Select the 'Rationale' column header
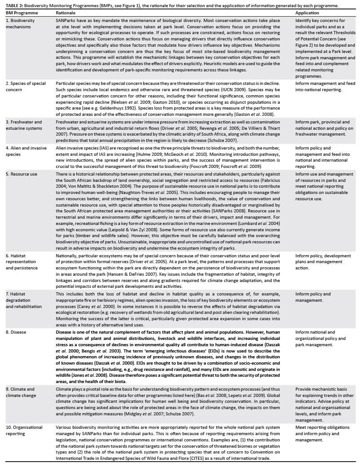(x=66, y=13)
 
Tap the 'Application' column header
(x=307, y=13)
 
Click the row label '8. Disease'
(x=18, y=333)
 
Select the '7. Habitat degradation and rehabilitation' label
(x=24, y=300)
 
